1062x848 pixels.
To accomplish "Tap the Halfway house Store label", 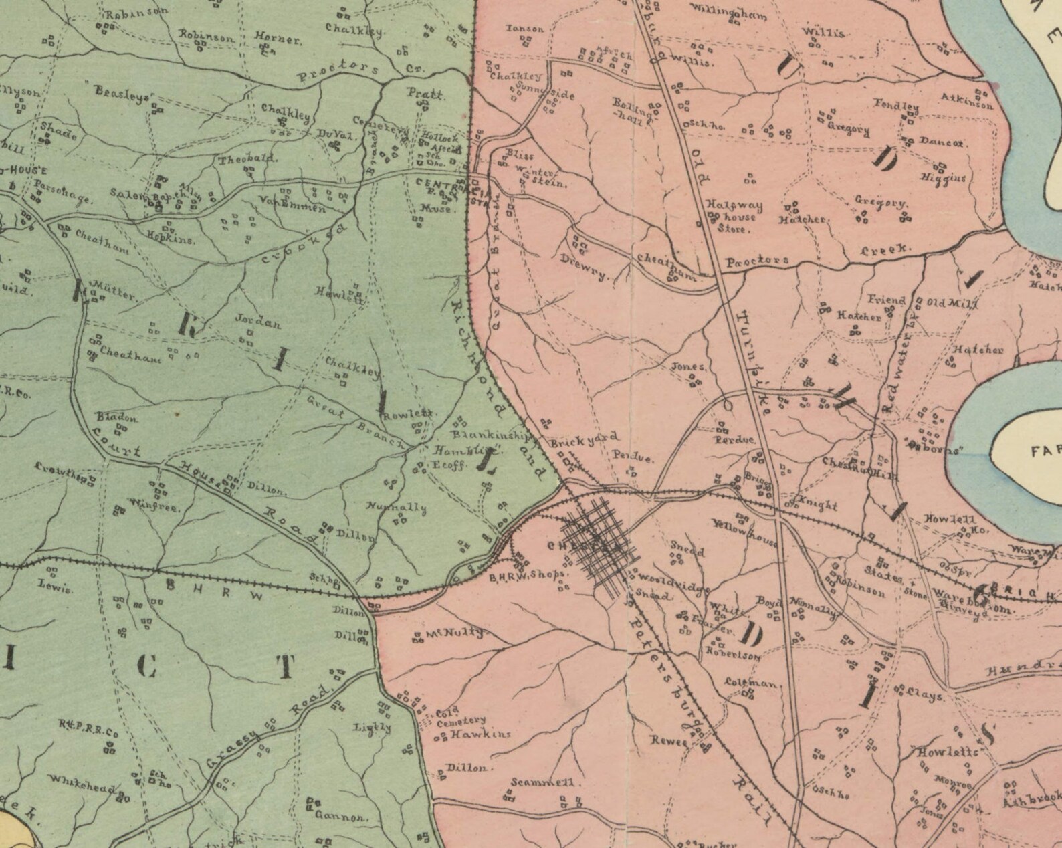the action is click(x=734, y=217).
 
